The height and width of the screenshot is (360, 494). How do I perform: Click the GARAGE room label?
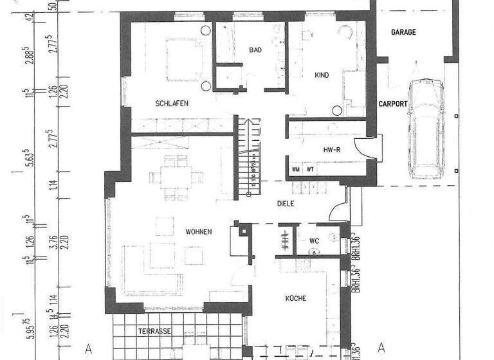(404, 32)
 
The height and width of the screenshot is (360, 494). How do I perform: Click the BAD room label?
(256, 50)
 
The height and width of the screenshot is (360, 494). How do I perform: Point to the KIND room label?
(322, 75)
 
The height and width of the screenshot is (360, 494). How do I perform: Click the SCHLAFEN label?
(171, 104)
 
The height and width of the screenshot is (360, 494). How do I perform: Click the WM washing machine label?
(297, 170)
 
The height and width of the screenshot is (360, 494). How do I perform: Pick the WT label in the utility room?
(310, 170)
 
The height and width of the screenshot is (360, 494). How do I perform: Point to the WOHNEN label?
(199, 231)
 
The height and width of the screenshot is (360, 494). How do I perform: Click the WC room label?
(315, 241)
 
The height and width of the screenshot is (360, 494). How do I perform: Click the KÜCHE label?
(293, 298)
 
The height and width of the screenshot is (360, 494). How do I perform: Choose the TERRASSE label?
(154, 331)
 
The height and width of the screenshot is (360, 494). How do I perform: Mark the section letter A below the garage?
(381, 347)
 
